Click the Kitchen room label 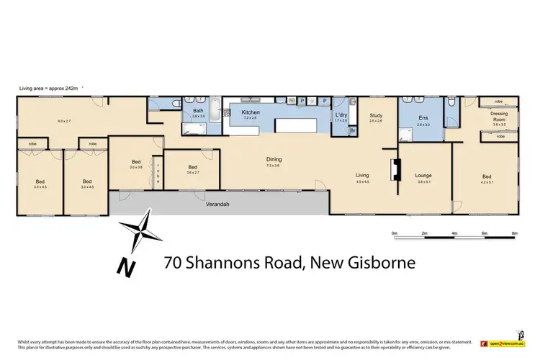coord(250,113)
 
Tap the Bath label coord(198,110)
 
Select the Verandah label coord(216,204)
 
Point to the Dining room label coord(274,160)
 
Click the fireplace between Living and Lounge coord(394,170)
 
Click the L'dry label coord(341,115)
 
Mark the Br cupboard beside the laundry coord(352,131)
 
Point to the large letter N coord(127,266)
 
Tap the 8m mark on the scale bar coord(514,234)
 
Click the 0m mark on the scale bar coord(395,234)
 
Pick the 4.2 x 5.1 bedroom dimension coord(487,182)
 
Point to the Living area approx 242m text coord(52,88)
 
